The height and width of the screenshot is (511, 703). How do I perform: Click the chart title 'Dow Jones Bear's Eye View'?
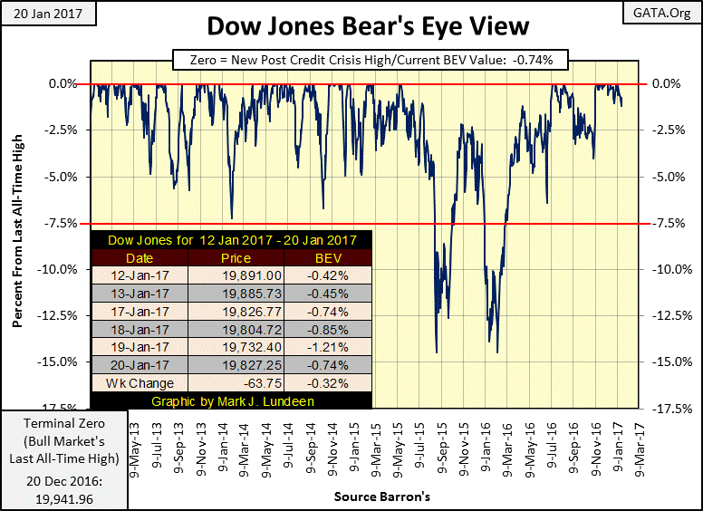(x=351, y=25)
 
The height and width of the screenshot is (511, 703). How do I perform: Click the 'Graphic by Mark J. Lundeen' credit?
(x=231, y=400)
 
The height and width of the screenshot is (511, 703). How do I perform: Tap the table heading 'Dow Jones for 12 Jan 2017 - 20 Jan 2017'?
(x=231, y=240)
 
